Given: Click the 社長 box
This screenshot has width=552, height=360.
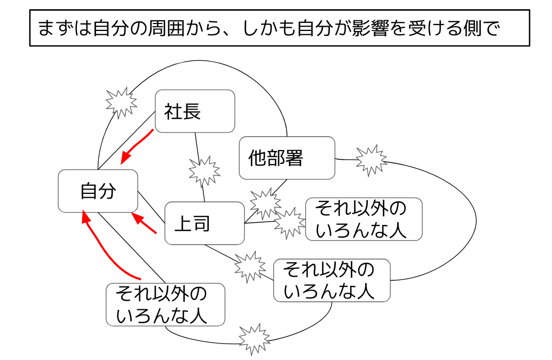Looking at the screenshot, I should (194, 111).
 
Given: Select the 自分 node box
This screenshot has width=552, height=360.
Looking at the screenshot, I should (98, 191).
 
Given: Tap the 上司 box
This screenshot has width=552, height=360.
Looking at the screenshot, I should (204, 223).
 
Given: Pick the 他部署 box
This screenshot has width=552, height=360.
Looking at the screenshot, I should (287, 158).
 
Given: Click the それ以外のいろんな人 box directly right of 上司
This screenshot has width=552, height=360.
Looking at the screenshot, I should (364, 219).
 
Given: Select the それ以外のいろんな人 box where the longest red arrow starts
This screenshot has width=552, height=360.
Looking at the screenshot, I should (165, 304).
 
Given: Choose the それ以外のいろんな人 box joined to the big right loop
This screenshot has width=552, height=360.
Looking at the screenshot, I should (332, 280).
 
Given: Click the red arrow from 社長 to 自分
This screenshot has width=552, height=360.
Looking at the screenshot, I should (137, 146).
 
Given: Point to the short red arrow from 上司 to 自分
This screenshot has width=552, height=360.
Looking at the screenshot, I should (144, 224).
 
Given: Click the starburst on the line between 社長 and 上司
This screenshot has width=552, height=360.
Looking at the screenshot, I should (204, 171).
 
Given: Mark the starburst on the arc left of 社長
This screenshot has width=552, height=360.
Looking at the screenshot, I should (121, 101).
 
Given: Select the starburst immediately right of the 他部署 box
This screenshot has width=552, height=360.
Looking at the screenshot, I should (370, 159).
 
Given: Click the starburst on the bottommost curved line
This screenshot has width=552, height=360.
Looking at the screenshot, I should (253, 338).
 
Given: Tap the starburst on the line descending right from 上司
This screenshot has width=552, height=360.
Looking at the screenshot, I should (249, 265).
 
